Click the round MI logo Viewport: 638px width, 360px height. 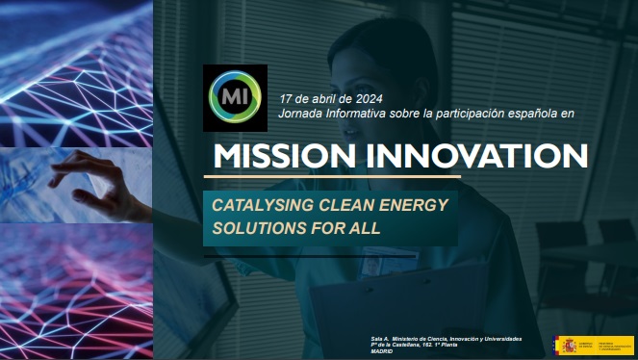(x=235, y=97)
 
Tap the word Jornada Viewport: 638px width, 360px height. (x=299, y=113)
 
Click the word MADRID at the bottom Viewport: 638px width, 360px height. (x=384, y=351)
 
